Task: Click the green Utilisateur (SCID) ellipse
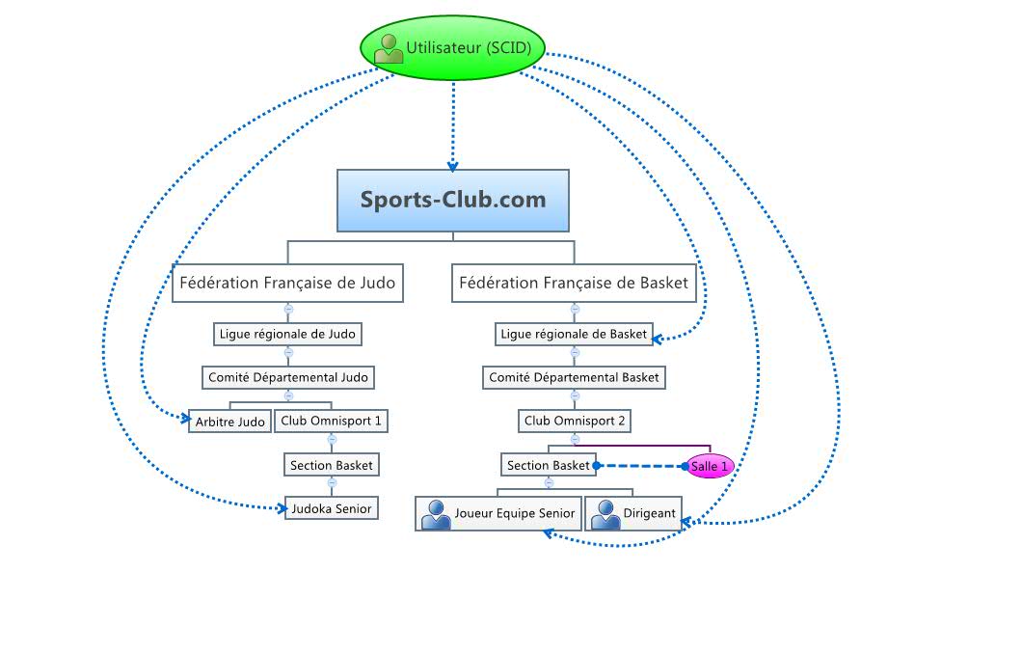tap(453, 46)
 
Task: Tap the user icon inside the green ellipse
tap(389, 48)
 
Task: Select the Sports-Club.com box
tap(452, 201)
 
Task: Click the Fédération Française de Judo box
tap(287, 284)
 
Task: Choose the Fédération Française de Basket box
tap(575, 284)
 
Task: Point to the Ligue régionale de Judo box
tap(287, 335)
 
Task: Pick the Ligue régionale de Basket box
tap(575, 335)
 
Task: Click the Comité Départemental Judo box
tap(287, 378)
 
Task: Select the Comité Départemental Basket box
tap(575, 378)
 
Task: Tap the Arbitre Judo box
tap(229, 422)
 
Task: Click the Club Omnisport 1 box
tap(331, 422)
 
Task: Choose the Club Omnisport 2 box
tap(575, 422)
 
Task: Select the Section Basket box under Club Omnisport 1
tap(331, 465)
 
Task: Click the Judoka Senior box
tap(331, 508)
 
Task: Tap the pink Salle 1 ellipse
tap(711, 466)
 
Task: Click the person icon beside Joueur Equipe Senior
tap(437, 514)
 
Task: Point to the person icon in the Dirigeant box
tap(605, 514)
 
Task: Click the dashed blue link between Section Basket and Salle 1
tap(640, 466)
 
